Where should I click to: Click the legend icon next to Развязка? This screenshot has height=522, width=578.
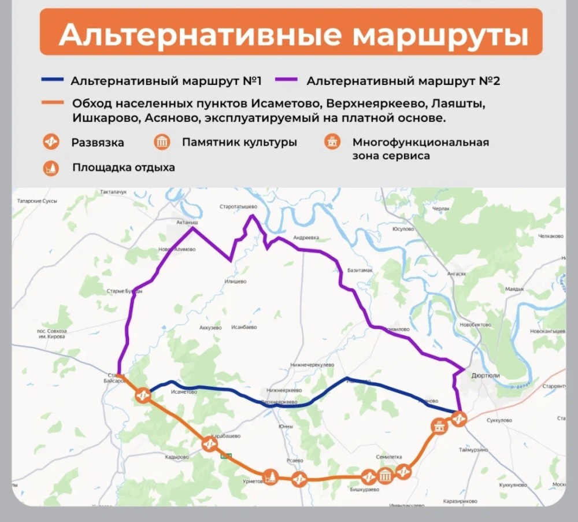[x=51, y=142]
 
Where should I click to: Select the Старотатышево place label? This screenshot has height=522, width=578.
[x=238, y=206]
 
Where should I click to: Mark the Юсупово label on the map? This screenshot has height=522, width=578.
[x=403, y=229]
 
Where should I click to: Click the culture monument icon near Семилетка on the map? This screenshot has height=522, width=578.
[x=386, y=476]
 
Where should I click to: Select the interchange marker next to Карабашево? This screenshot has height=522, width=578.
[x=210, y=444]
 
